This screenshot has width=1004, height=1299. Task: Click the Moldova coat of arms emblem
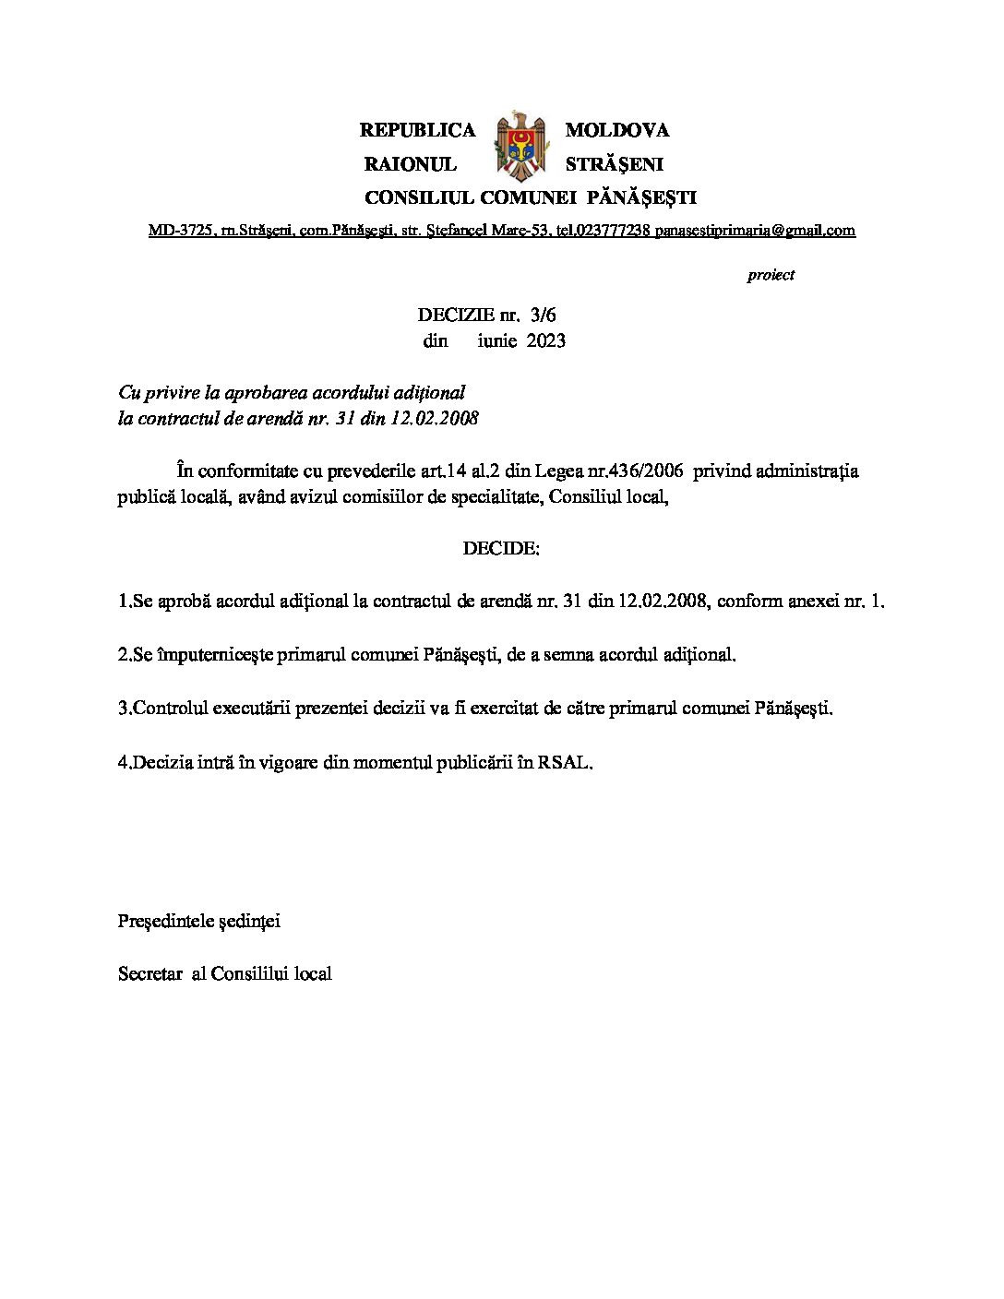coord(520,147)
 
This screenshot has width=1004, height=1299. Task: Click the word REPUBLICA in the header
coord(417,130)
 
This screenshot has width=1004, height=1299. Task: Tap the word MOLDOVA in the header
coord(616,130)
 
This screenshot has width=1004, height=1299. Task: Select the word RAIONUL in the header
coord(411,164)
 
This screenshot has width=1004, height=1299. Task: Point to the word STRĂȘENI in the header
coord(614,164)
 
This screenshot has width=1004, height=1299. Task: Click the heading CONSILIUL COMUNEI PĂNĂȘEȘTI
coord(531,197)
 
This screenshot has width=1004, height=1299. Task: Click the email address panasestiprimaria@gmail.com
coord(755,230)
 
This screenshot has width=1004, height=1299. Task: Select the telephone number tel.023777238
coord(604,230)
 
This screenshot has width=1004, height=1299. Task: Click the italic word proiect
coord(771,275)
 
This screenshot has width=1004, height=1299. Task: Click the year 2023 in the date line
coord(545,340)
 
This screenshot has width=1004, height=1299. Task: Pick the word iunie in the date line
coord(498,340)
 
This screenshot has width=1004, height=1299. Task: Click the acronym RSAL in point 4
coord(564,762)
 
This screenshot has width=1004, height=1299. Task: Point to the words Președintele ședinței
coord(199,921)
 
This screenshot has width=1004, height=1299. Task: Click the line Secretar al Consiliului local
coord(225,973)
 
